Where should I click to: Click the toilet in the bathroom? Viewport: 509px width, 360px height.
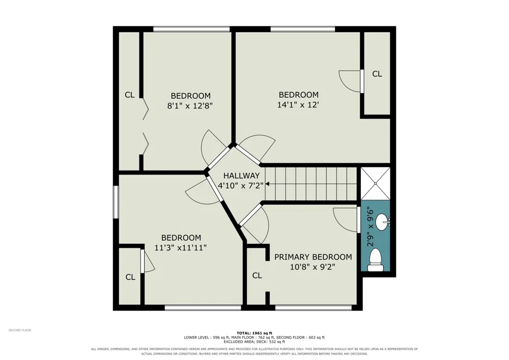pyautogui.click(x=376, y=260)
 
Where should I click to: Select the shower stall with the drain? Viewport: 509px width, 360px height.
pyautogui.click(x=375, y=183)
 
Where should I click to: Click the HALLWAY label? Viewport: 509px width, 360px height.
pyautogui.click(x=241, y=176)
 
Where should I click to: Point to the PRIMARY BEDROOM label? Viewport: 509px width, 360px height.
pyautogui.click(x=313, y=257)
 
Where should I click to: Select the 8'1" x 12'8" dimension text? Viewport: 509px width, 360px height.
pyautogui.click(x=190, y=106)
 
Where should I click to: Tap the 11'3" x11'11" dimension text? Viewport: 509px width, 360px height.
pyautogui.click(x=181, y=247)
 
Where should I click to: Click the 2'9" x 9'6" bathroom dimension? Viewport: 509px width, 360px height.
pyautogui.click(x=371, y=228)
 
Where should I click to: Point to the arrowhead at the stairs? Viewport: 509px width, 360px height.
pyautogui.click(x=268, y=184)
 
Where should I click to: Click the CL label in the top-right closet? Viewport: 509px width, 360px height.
pyautogui.click(x=377, y=74)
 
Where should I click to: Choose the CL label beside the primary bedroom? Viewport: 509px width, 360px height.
pyautogui.click(x=257, y=275)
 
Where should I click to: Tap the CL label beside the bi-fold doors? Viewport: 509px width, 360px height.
pyautogui.click(x=129, y=95)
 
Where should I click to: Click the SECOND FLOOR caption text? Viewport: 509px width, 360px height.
pyautogui.click(x=20, y=330)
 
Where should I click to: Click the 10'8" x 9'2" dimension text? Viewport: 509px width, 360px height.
pyautogui.click(x=313, y=267)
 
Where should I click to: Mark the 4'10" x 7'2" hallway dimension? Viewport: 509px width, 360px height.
pyautogui.click(x=241, y=186)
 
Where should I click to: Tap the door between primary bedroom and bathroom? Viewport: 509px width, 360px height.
pyautogui.click(x=359, y=220)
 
